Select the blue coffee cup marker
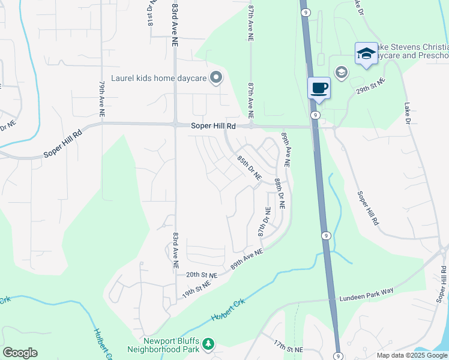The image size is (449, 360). click(319, 88)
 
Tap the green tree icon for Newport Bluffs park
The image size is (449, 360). click(208, 344)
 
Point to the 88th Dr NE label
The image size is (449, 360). click(280, 193)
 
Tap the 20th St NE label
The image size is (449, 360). click(200, 274)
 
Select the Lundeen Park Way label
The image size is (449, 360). click(366, 290)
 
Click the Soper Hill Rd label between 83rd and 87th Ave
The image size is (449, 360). click(214, 126)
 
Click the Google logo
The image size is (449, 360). click(20, 353)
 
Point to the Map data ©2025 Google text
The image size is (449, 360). click(412, 355)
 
